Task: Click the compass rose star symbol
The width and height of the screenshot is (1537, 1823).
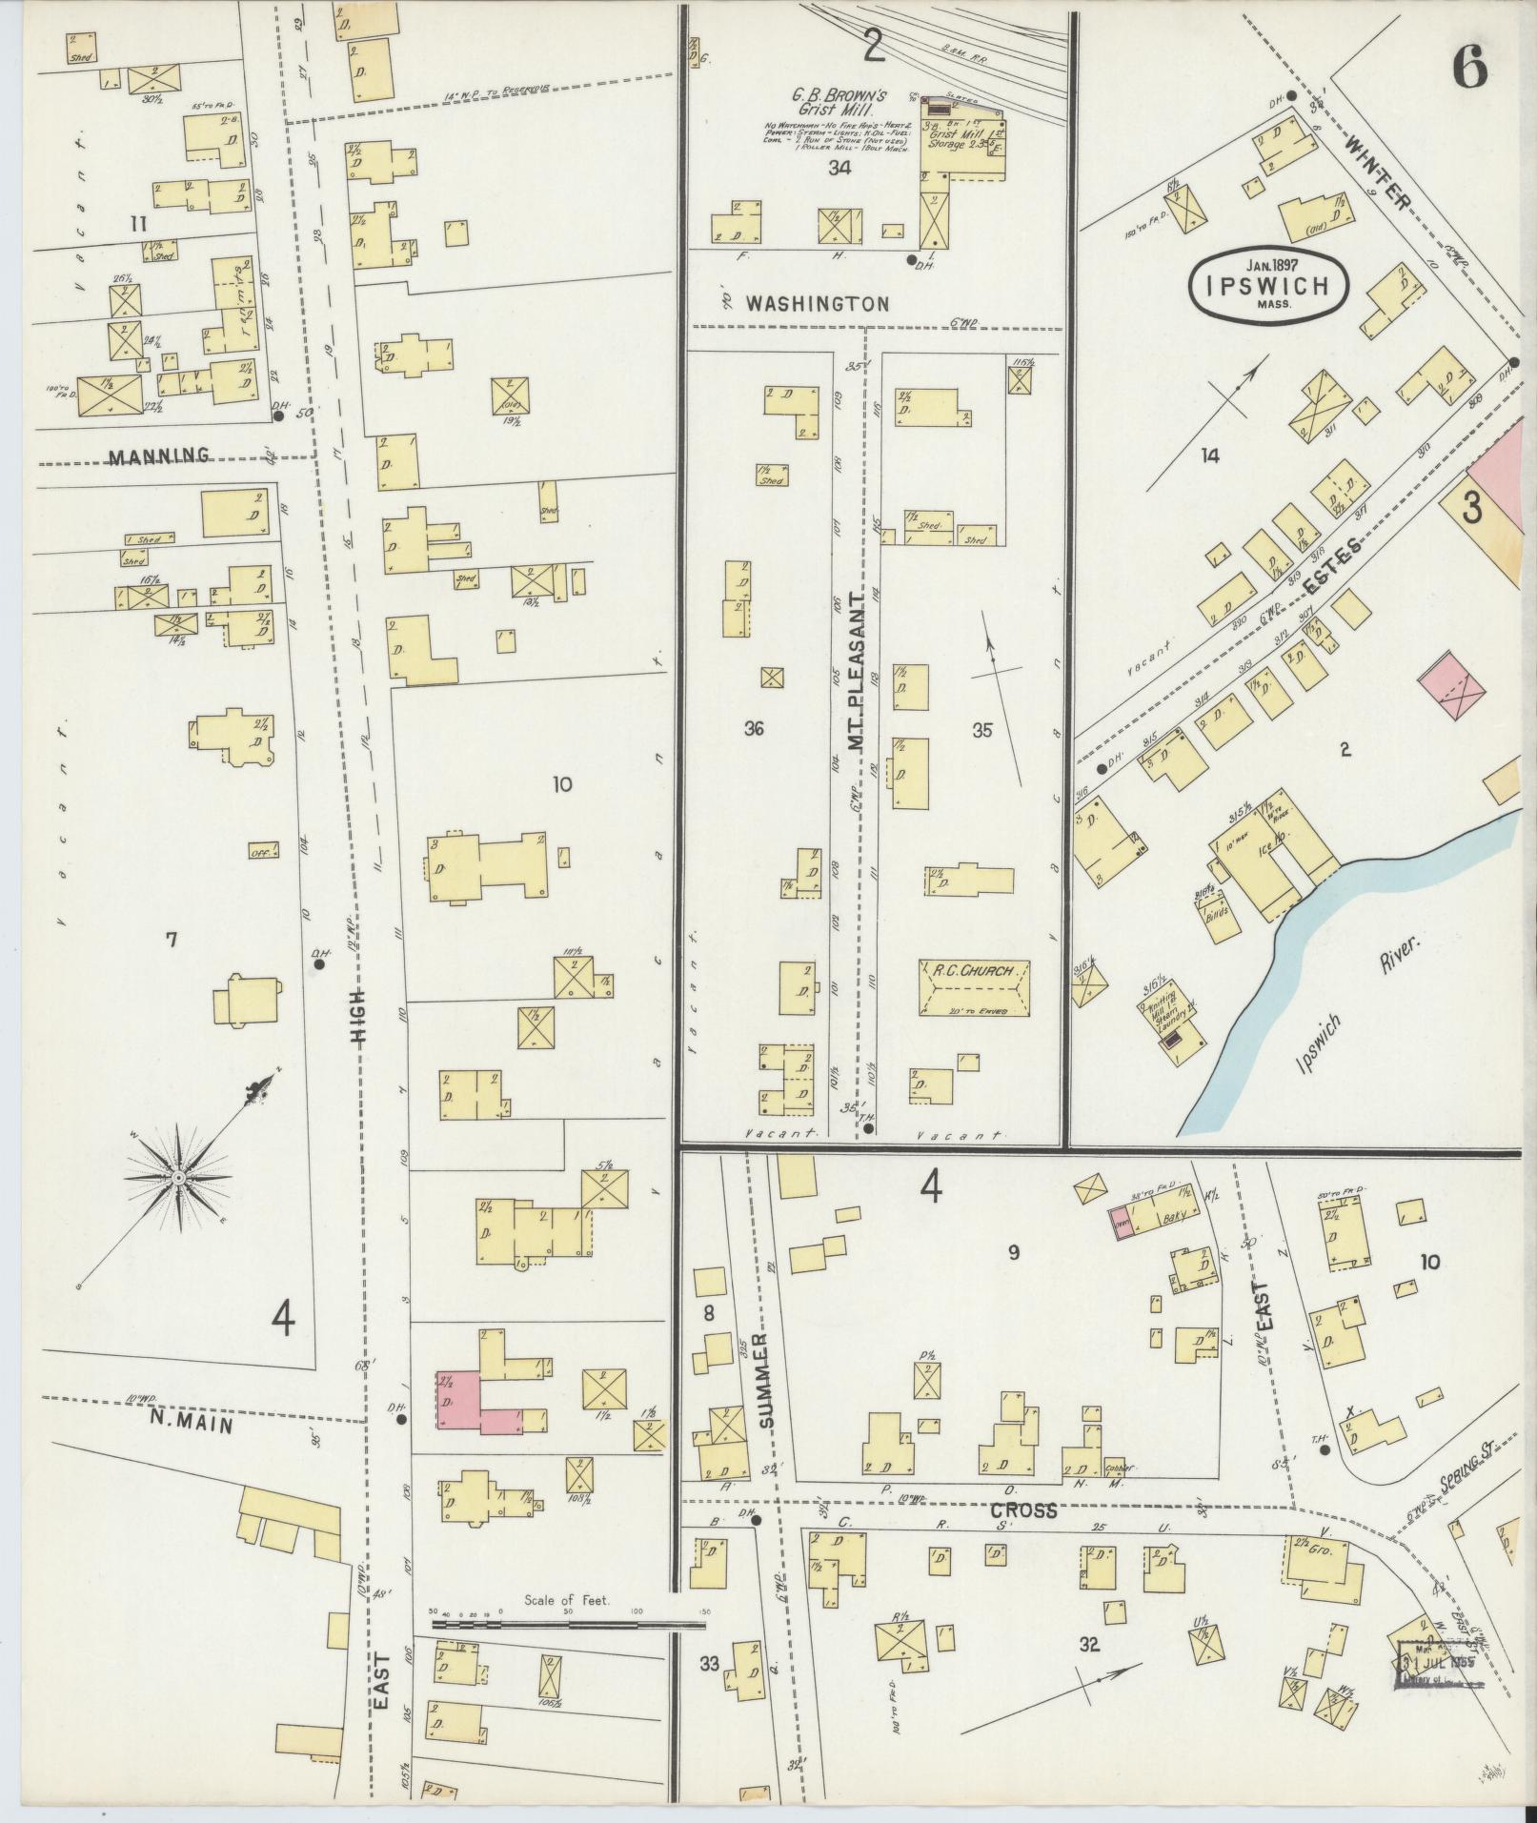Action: coord(178,1179)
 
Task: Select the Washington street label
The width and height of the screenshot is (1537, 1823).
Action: coord(818,304)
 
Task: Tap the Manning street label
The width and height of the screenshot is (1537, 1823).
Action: coord(159,456)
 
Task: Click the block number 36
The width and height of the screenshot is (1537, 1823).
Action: coord(755,729)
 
